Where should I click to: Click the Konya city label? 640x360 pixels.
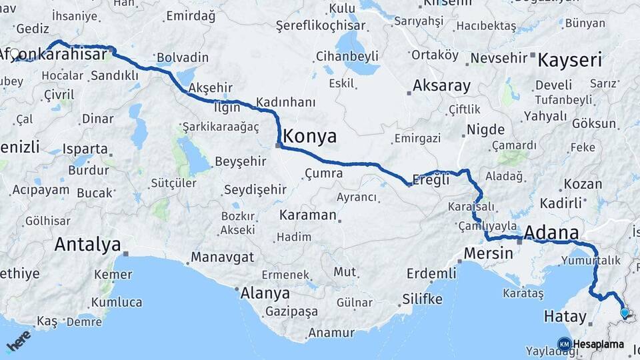[x=310, y=137]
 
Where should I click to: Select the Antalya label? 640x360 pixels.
[x=87, y=244]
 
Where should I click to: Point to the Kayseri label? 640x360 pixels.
[x=569, y=60]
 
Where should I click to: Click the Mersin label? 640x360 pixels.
[x=489, y=253]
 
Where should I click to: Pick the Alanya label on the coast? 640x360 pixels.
[x=265, y=293]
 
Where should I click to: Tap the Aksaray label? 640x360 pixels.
[x=441, y=85]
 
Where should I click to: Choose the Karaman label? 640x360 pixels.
[x=307, y=215]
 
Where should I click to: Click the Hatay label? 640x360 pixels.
[x=565, y=317]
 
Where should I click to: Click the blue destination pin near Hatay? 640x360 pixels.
[x=624, y=312]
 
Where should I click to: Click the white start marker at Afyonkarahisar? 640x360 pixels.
[x=14, y=53]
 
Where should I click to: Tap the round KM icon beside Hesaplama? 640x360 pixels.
[x=564, y=344]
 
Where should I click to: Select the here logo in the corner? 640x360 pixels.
[x=18, y=341]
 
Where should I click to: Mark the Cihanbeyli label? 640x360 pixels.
[x=347, y=55]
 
